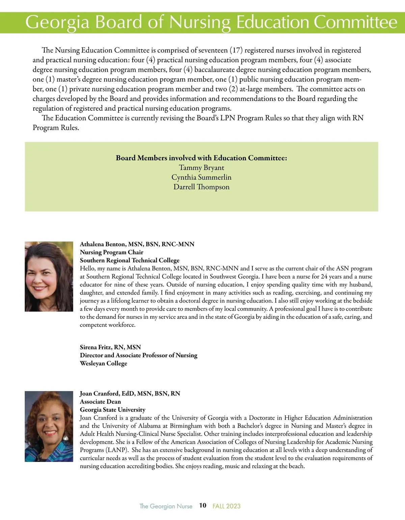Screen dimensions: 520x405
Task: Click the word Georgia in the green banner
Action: click(57, 22)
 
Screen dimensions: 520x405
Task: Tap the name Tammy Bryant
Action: click(201, 167)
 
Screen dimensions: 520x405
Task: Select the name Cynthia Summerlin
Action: click(201, 177)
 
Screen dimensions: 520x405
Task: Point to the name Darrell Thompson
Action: click(201, 187)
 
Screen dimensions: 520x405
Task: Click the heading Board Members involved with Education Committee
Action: click(201, 158)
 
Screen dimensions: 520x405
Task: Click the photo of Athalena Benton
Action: click(49, 276)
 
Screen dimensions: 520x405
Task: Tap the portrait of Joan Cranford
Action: click(49, 426)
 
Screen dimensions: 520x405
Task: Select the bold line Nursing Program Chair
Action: click(111, 252)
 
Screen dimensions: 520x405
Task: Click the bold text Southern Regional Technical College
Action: click(130, 260)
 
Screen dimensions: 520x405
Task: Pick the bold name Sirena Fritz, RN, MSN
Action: click(110, 347)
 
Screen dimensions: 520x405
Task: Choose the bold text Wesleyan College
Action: click(104, 363)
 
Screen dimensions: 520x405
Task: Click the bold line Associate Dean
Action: click(100, 401)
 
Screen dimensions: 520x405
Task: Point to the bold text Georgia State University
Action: click(113, 410)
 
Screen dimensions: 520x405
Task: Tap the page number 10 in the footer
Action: click(202, 505)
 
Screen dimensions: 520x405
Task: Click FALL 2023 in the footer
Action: click(226, 506)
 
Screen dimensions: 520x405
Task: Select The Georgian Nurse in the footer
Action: click(166, 506)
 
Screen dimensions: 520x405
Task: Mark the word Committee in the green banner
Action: click(355, 22)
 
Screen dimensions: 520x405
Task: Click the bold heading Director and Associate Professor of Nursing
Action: click(139, 355)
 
